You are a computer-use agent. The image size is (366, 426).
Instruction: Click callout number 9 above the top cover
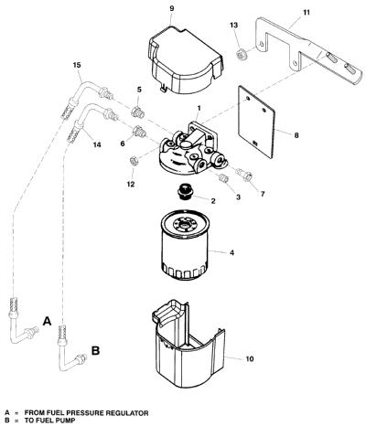[172, 8]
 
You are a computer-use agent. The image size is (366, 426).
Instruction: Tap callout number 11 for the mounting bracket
[307, 12]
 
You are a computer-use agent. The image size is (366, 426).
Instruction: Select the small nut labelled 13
[242, 55]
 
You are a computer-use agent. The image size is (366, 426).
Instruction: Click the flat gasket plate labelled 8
[256, 122]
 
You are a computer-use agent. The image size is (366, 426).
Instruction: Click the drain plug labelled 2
[185, 192]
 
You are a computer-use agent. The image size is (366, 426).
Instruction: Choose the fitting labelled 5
[138, 112]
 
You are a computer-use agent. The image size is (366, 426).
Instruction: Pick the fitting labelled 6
[139, 132]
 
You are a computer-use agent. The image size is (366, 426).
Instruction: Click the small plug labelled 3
[224, 177]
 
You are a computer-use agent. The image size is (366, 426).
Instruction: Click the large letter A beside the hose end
[47, 321]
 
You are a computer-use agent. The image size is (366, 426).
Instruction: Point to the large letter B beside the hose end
[96, 351]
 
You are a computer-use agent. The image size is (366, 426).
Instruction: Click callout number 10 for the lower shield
[250, 359]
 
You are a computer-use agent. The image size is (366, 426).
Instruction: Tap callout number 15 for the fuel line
[77, 65]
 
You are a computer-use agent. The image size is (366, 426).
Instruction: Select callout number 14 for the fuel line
[97, 144]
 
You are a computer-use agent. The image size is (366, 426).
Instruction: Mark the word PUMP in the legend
[66, 421]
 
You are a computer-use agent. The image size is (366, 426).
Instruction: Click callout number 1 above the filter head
[199, 108]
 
